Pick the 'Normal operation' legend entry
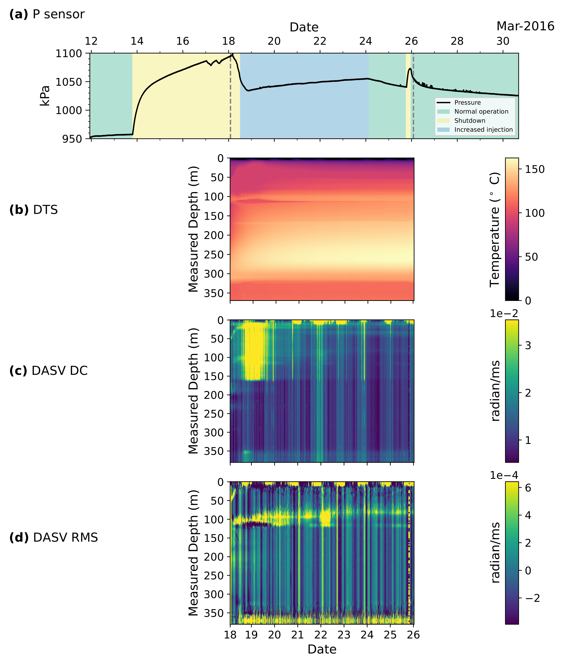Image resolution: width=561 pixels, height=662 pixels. tap(481, 111)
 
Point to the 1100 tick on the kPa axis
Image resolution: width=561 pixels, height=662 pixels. tap(69, 53)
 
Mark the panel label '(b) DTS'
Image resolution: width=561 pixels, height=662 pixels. tap(34, 210)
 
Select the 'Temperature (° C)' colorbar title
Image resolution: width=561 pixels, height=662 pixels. tap(495, 229)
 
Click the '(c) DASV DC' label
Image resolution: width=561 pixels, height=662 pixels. tap(48, 371)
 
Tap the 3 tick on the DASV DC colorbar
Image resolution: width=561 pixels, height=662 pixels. tap(528, 345)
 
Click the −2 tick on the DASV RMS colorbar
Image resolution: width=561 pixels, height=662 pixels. tap(532, 598)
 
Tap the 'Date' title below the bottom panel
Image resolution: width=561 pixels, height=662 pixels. tap(322, 649)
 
